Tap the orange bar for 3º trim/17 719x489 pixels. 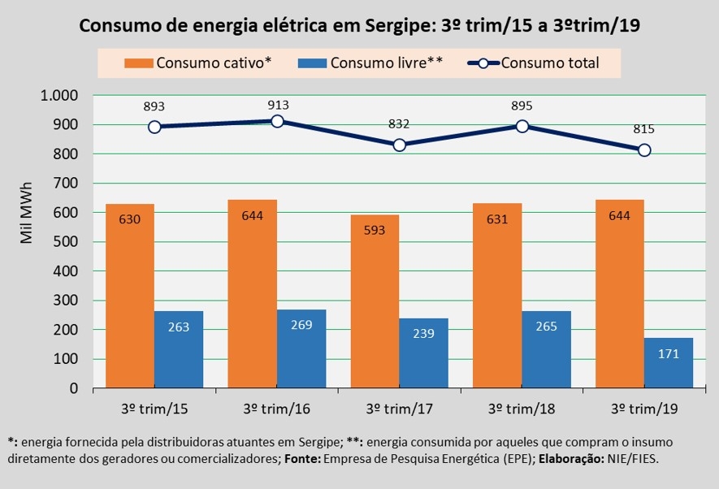point(375,301)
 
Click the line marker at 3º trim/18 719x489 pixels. point(522,126)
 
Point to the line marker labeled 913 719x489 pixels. point(277,121)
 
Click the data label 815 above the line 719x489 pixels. point(644,129)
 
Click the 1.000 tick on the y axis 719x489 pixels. point(58,96)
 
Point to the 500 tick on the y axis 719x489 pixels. point(66,242)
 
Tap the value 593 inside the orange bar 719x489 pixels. point(375,230)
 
